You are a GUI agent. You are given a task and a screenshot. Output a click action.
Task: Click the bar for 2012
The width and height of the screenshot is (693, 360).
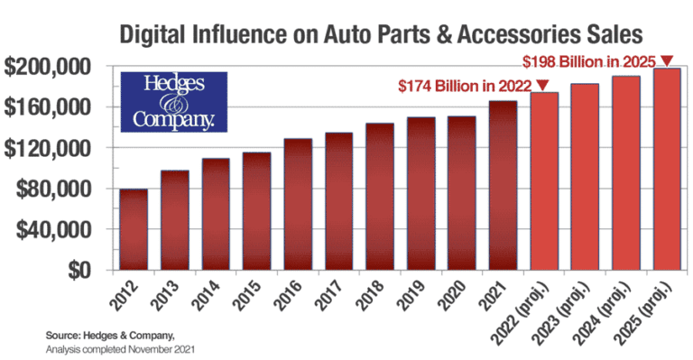[134, 229]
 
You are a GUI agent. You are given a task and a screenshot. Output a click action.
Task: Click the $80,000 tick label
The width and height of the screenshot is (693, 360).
[56, 189]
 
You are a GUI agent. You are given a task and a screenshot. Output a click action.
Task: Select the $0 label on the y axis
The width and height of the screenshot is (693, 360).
[88, 270]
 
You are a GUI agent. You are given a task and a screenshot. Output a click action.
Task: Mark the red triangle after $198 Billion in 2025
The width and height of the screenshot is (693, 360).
[667, 60]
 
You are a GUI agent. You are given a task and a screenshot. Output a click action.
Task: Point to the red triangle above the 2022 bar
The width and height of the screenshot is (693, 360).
[542, 85]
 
